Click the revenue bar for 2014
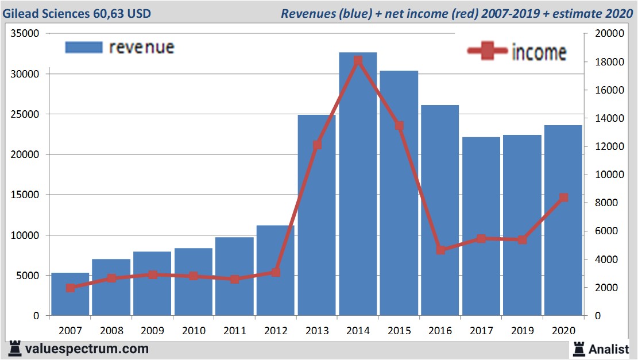click(x=358, y=184)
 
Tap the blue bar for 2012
click(x=276, y=270)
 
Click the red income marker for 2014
click(x=358, y=60)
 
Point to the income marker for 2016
click(x=440, y=250)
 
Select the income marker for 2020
click(x=563, y=198)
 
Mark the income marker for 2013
click(x=317, y=145)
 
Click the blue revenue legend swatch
click(x=84, y=47)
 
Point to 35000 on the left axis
click(x=25, y=34)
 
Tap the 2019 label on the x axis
click(x=522, y=331)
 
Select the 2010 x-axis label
click(x=194, y=331)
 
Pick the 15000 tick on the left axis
click(x=25, y=195)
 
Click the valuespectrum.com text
click(x=86, y=349)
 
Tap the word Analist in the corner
click(x=609, y=349)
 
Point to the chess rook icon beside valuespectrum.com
click(x=15, y=348)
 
